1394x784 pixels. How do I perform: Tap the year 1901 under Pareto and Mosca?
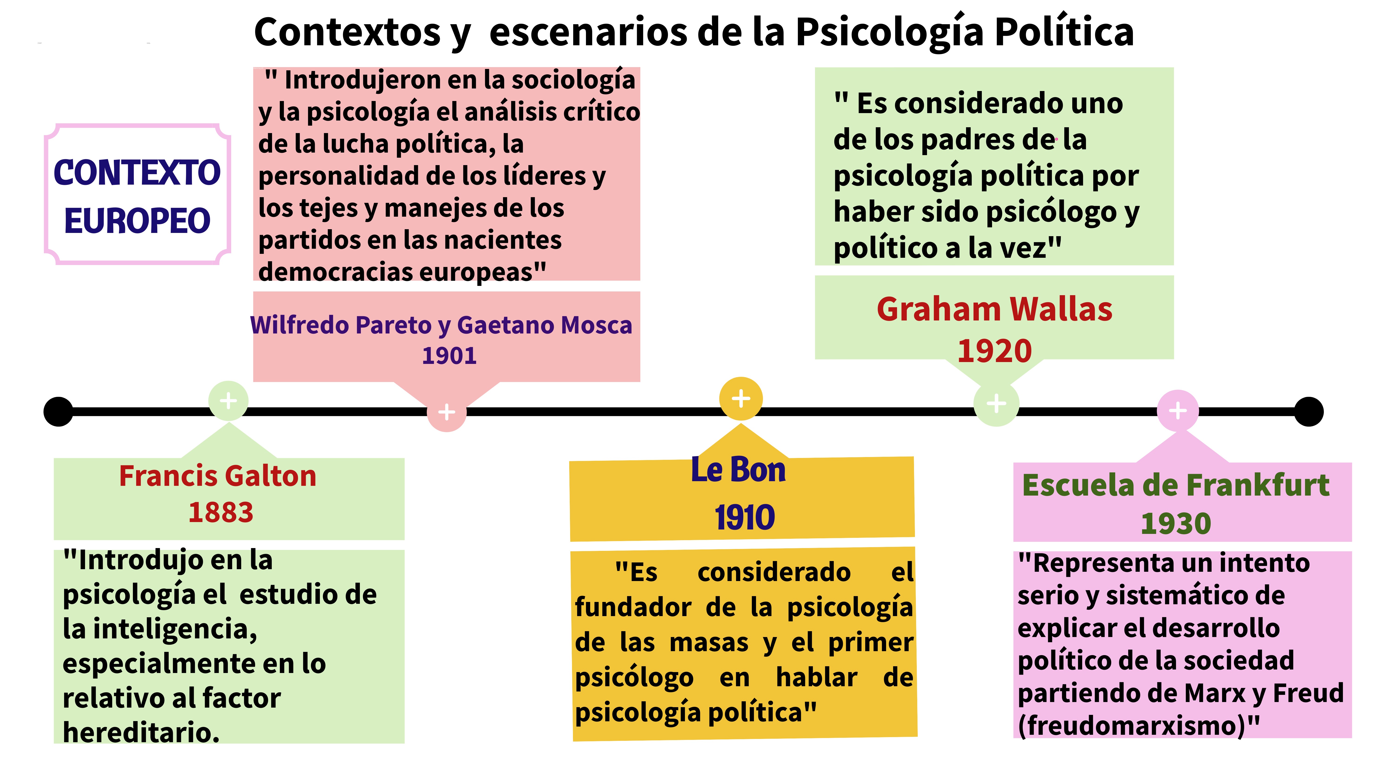coord(449,356)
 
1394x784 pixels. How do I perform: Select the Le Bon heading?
coord(738,470)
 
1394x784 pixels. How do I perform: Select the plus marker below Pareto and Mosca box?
coord(447,412)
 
